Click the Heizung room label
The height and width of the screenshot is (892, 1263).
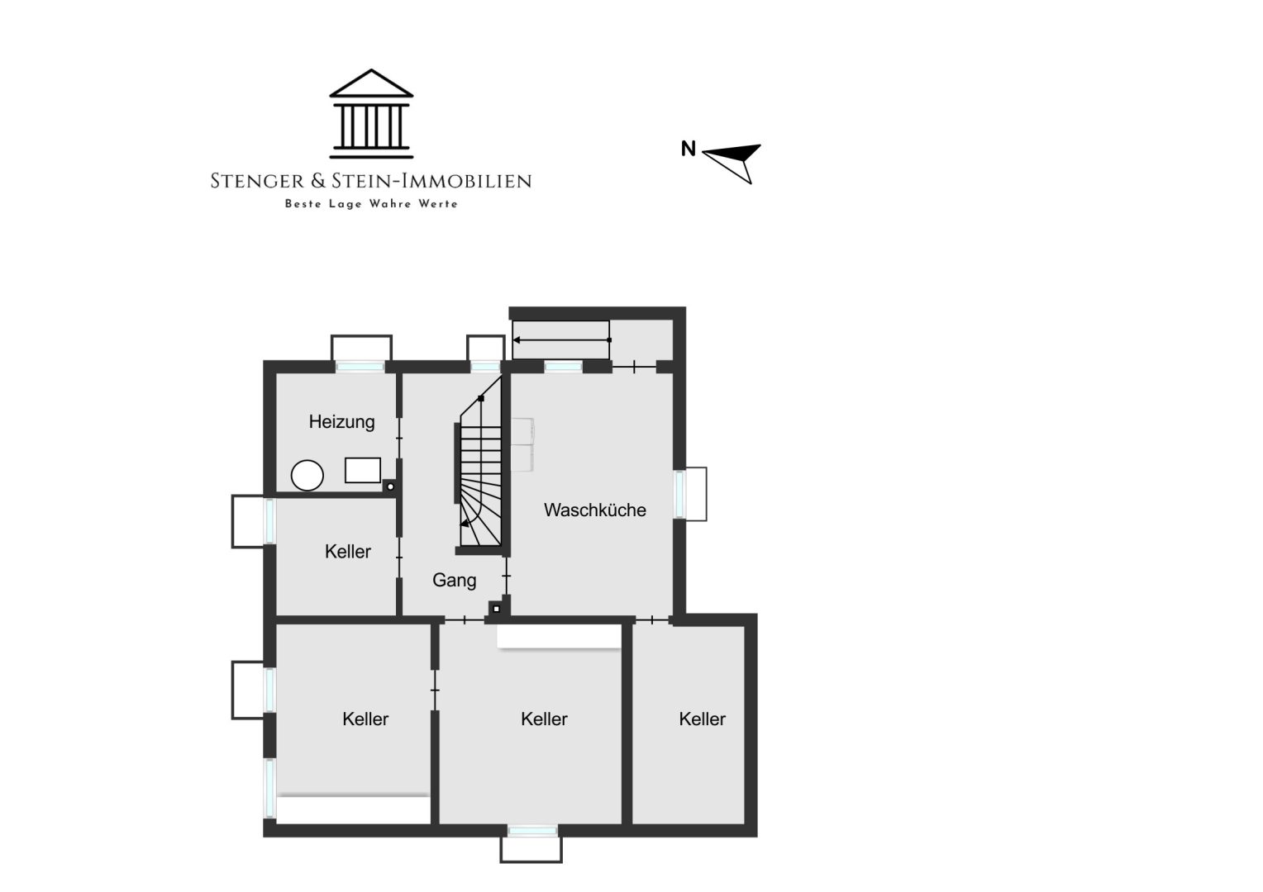[x=341, y=422]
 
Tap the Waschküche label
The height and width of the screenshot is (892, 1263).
[x=595, y=510]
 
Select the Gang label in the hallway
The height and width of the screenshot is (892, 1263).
[x=455, y=581]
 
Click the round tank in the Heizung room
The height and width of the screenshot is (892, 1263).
[x=307, y=475]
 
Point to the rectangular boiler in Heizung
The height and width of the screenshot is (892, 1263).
[x=363, y=471]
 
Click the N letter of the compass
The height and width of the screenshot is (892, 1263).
[x=689, y=149]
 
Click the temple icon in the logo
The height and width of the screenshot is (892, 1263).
[x=371, y=114]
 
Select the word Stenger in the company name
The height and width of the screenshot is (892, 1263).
[x=257, y=181]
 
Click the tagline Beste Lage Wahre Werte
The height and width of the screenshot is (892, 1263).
[x=371, y=204]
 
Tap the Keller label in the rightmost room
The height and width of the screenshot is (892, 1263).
[x=702, y=719]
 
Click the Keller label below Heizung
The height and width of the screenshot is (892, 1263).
[x=348, y=552]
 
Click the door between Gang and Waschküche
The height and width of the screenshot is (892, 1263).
[x=507, y=576]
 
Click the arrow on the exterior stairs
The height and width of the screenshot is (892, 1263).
[x=562, y=340]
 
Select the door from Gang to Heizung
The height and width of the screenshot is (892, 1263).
[x=399, y=438]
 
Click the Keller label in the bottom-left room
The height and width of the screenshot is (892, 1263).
[x=365, y=719]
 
